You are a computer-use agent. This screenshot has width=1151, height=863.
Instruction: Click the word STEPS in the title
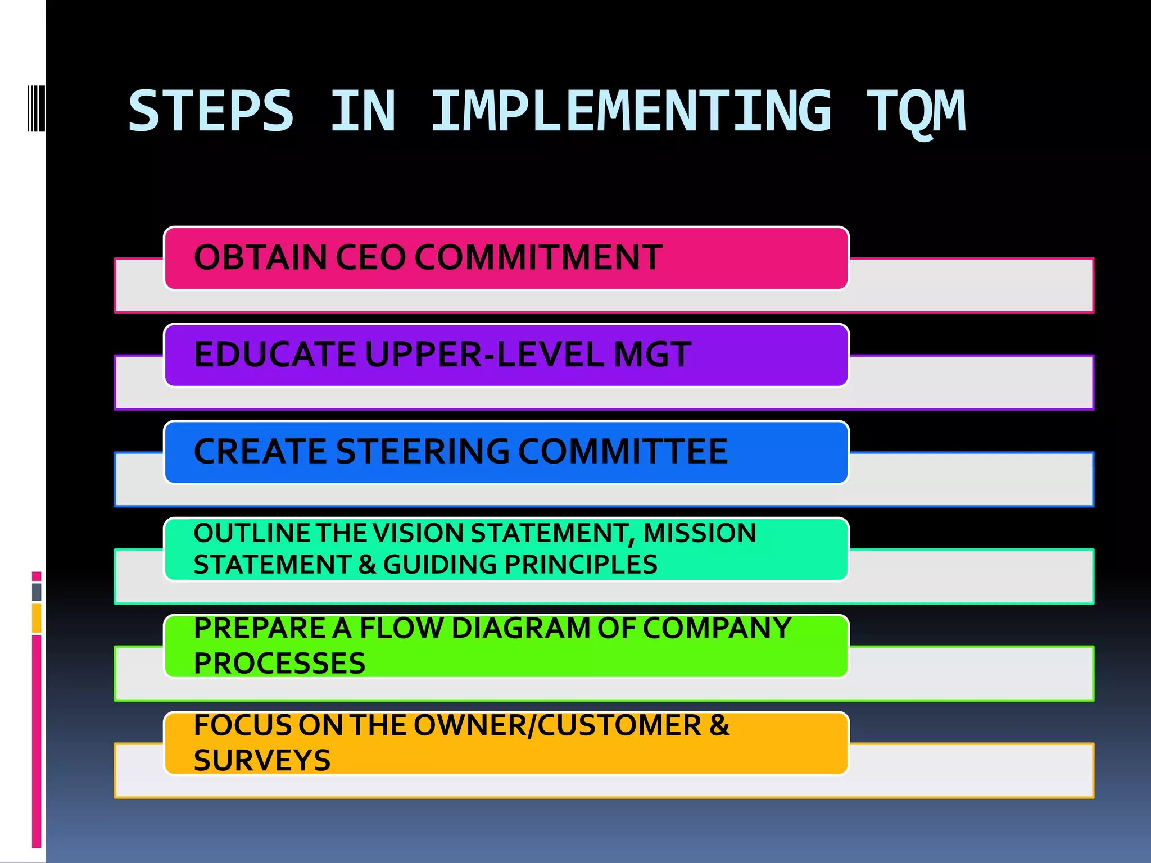click(211, 111)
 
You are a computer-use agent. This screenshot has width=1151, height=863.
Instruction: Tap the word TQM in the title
click(916, 112)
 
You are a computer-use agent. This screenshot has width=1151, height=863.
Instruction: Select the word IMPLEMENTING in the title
click(631, 111)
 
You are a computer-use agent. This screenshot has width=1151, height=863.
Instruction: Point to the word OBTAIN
click(260, 257)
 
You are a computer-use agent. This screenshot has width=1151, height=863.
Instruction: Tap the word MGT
click(652, 355)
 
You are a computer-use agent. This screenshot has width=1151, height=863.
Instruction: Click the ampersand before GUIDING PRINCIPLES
click(367, 565)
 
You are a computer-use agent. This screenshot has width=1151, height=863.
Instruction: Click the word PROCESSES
click(279, 664)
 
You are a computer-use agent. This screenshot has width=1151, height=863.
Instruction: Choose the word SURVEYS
click(262, 761)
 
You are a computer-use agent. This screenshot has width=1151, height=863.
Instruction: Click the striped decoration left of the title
click(36, 108)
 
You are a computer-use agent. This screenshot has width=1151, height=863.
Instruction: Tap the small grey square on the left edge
click(37, 592)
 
